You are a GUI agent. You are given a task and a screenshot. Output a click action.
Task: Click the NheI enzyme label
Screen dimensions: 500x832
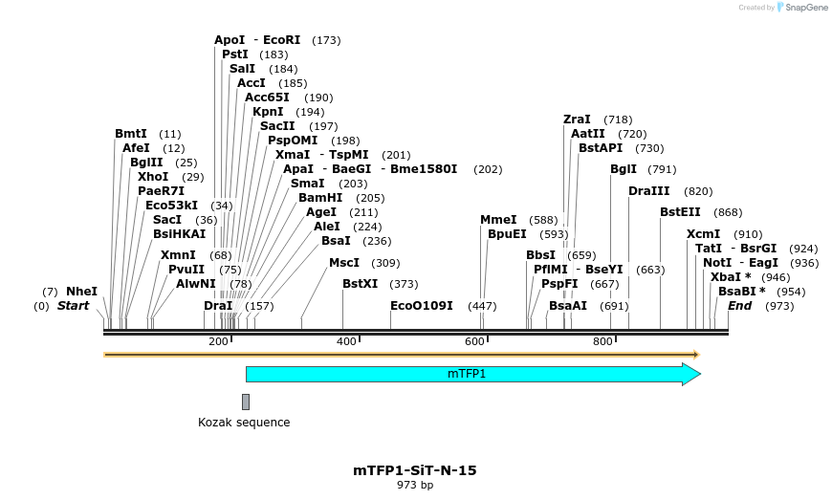click(x=81, y=291)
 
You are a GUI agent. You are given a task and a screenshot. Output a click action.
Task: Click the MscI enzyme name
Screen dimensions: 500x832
click(x=344, y=263)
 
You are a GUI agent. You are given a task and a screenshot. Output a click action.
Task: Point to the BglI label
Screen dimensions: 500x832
click(x=624, y=169)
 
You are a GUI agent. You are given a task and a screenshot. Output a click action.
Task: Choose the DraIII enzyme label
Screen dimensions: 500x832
click(x=649, y=191)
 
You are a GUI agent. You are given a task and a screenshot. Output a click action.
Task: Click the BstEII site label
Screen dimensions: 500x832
click(x=680, y=212)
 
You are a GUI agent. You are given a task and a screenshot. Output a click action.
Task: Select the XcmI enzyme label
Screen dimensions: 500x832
click(x=704, y=234)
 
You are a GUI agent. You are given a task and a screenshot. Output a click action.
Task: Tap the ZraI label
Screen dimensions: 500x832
click(x=577, y=120)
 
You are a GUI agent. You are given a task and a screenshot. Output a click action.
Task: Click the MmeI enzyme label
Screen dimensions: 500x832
click(x=498, y=220)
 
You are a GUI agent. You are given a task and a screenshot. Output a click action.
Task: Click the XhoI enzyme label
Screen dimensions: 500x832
click(x=153, y=177)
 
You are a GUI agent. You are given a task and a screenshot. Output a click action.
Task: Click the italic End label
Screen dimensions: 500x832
click(x=739, y=306)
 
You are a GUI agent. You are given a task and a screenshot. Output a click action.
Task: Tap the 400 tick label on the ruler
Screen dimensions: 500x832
click(x=346, y=341)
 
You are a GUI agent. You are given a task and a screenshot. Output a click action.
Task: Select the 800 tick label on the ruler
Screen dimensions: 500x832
click(x=602, y=341)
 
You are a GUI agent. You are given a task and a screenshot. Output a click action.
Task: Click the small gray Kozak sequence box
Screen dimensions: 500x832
click(x=246, y=402)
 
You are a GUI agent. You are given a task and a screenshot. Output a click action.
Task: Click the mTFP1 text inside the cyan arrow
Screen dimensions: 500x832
click(x=467, y=374)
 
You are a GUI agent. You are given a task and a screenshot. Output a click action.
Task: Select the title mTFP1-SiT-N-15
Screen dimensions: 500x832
click(x=415, y=470)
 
